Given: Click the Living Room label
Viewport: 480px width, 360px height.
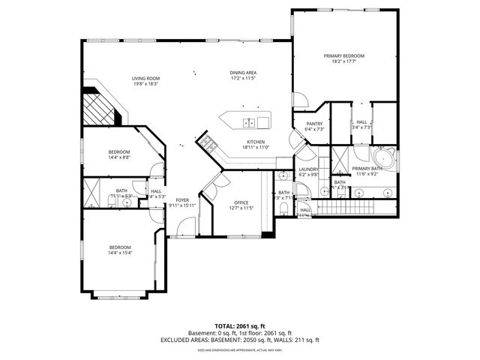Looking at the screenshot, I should [x=147, y=78].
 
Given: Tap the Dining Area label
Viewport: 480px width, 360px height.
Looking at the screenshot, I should [x=243, y=73].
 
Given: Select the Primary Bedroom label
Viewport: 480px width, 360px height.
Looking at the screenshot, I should [x=343, y=56].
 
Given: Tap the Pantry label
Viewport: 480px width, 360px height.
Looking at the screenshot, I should [x=314, y=124].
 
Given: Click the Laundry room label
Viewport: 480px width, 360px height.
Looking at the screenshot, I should [x=308, y=169].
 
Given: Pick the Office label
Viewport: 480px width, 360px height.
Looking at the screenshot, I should [x=241, y=202].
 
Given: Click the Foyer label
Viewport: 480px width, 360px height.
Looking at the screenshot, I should [x=182, y=200].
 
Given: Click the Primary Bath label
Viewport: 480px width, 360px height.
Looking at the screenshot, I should [x=367, y=169].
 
